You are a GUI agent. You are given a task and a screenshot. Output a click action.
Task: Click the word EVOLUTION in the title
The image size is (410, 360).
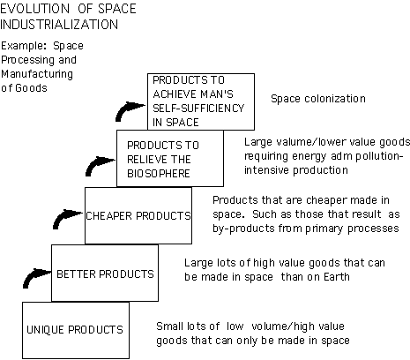35,8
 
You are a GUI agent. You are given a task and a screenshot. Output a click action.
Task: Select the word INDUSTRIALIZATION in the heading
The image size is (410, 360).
59,24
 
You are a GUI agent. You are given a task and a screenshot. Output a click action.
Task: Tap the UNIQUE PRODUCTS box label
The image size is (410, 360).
75,330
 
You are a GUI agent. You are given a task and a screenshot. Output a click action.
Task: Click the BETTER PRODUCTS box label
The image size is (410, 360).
105,274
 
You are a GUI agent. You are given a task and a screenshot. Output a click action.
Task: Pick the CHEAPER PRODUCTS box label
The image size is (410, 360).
138,216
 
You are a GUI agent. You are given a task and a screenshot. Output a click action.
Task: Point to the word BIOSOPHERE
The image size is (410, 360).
159,174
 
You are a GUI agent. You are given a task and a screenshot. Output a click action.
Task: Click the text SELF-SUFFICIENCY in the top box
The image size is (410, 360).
198,109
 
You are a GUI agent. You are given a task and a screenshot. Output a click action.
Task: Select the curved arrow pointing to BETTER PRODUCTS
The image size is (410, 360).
34,276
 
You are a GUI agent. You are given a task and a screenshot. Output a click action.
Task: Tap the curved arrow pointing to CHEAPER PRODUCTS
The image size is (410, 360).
64,217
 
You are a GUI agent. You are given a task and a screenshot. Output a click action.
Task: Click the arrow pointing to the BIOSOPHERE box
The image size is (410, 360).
97,164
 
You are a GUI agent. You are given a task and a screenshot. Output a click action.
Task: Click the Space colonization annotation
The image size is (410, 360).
318,99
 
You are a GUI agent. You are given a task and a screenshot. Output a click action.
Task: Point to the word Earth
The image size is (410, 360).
337,277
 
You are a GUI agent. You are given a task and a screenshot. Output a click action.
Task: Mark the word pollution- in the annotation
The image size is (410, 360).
379,156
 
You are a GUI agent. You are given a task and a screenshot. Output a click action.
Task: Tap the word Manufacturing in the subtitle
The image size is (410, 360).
37,74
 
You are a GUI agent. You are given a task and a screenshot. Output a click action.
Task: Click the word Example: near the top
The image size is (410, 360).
24,46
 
